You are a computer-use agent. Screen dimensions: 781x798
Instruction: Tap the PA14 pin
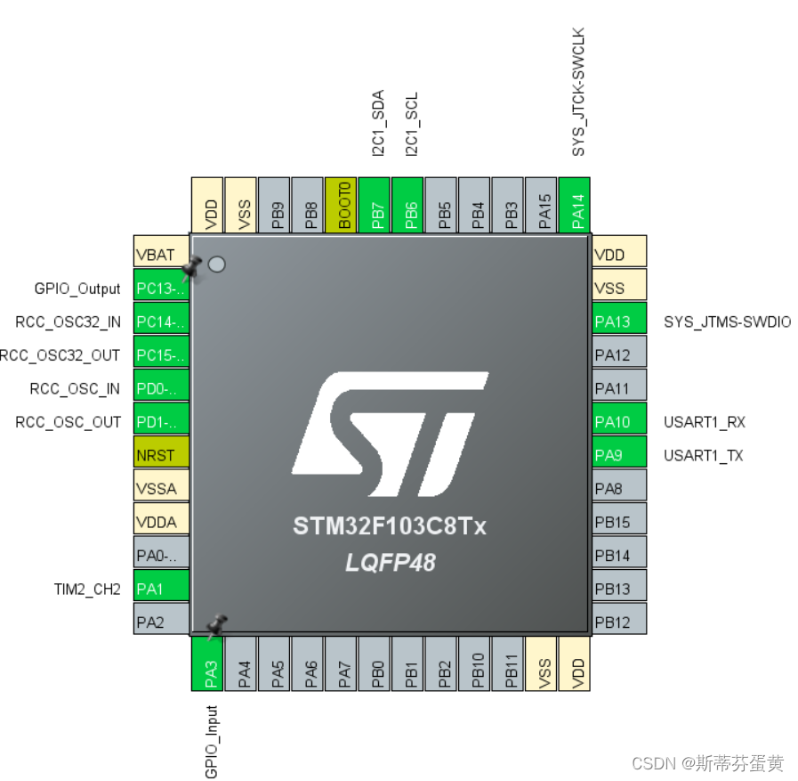click(578, 206)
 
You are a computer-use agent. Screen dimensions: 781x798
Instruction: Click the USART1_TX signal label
click(703, 455)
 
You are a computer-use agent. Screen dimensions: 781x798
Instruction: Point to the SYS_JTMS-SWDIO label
click(727, 321)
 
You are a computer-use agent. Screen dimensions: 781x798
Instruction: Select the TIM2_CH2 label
click(86, 589)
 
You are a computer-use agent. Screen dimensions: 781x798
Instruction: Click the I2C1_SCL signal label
click(411, 125)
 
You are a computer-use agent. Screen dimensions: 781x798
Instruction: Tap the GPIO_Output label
click(77, 289)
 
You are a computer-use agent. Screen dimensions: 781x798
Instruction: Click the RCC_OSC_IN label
click(75, 388)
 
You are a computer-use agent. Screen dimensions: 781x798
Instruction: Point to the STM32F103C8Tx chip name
click(390, 526)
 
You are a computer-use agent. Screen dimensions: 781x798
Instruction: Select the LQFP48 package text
click(390, 562)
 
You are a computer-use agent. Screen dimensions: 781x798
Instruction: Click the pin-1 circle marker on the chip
click(215, 264)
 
